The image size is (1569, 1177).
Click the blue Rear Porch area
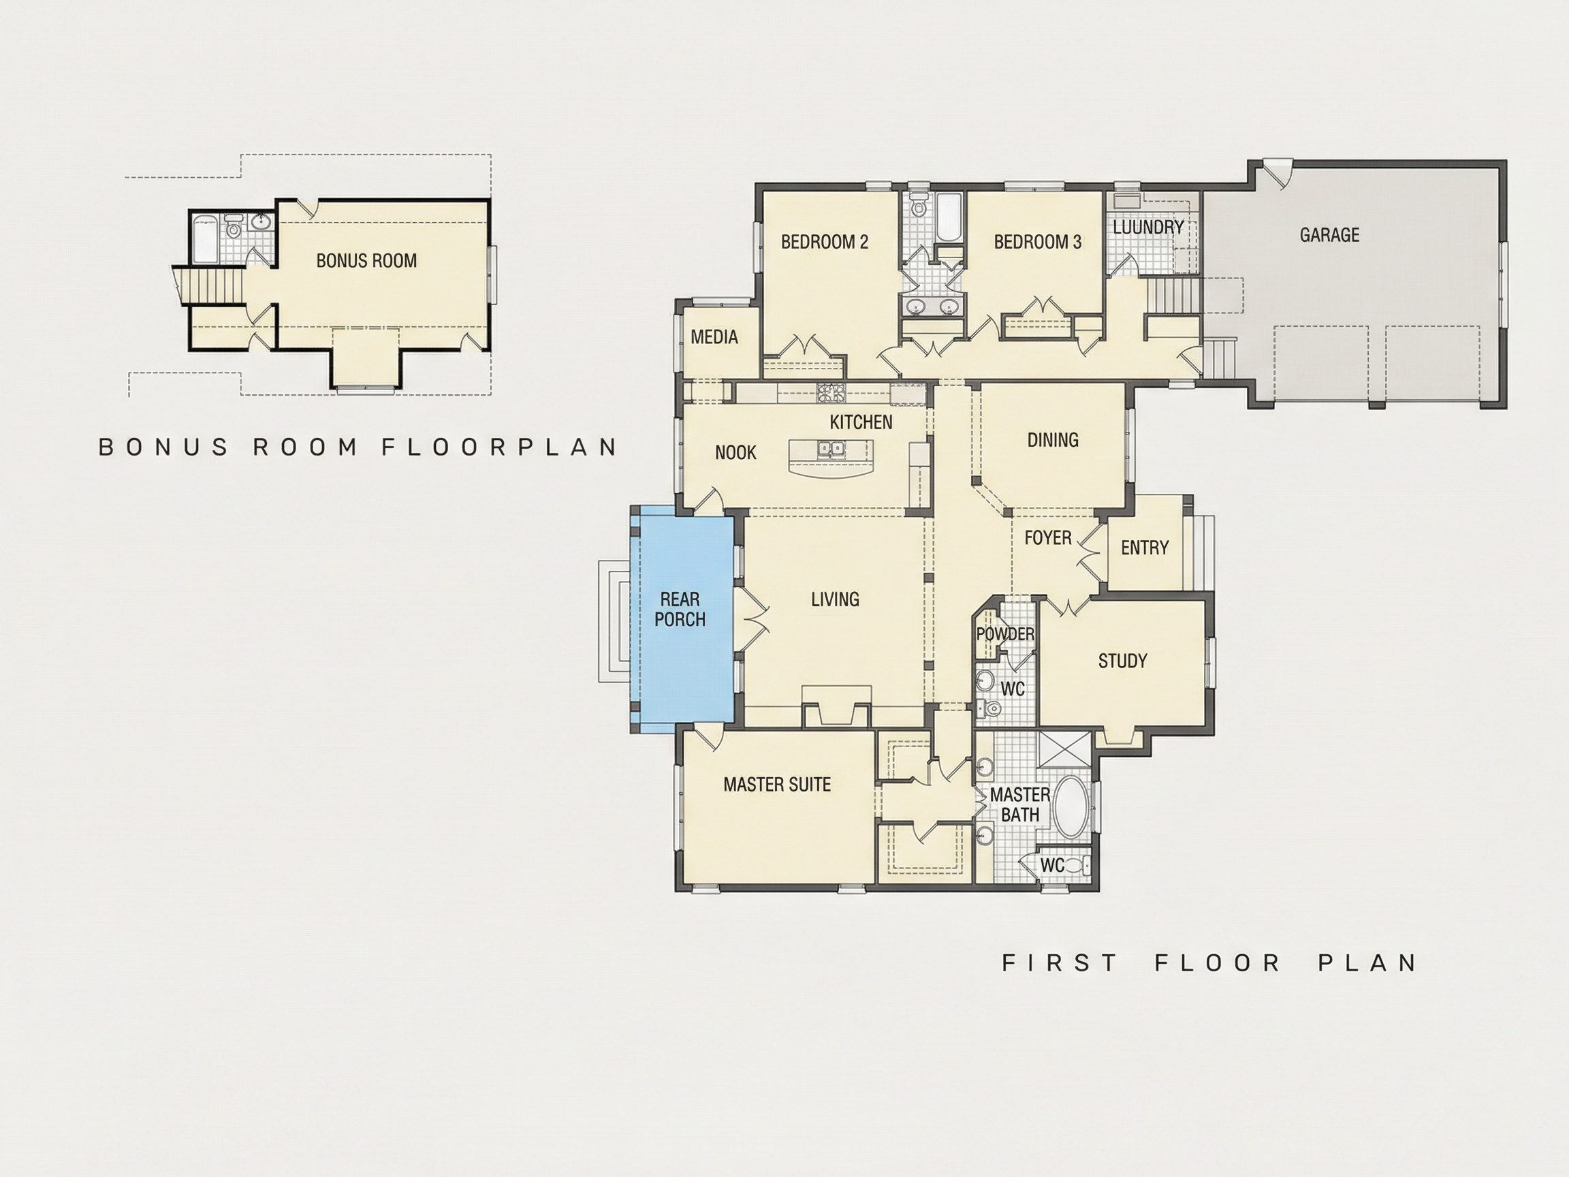click(682, 618)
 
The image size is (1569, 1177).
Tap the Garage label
click(1329, 235)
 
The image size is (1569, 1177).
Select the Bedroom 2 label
click(824, 242)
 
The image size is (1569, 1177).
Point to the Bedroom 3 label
click(1037, 242)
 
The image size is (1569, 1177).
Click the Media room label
click(714, 337)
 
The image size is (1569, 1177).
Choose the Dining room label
click(1053, 440)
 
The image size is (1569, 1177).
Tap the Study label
click(1122, 661)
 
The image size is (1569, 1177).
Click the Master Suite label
click(777, 785)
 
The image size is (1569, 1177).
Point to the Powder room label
click(1005, 634)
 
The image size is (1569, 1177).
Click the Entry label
click(1145, 548)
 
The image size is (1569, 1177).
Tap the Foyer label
click(1047, 538)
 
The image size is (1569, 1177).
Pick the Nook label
click(735, 453)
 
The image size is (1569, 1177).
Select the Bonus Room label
click(366, 260)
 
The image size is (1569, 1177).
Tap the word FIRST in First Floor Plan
click(1060, 962)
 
